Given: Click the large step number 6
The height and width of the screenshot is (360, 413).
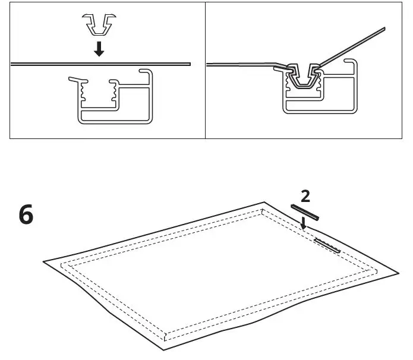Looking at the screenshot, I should pyautogui.click(x=26, y=215).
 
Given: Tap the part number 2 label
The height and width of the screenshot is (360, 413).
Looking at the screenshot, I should pyautogui.click(x=305, y=197).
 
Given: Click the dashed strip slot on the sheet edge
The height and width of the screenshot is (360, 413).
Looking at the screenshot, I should pyautogui.click(x=327, y=245).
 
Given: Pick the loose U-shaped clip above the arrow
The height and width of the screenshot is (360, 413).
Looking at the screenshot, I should pyautogui.click(x=98, y=24).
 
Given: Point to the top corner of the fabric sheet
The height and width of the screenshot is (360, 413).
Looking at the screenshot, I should pyautogui.click(x=266, y=203).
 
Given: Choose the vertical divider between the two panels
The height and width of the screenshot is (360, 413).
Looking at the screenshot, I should pyautogui.click(x=205, y=70).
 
